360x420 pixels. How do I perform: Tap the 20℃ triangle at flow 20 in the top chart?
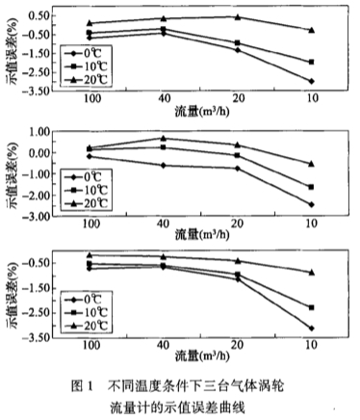[237, 16]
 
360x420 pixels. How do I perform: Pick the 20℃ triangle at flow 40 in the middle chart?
[162, 138]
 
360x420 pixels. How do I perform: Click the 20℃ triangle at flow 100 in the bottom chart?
[90, 255]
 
